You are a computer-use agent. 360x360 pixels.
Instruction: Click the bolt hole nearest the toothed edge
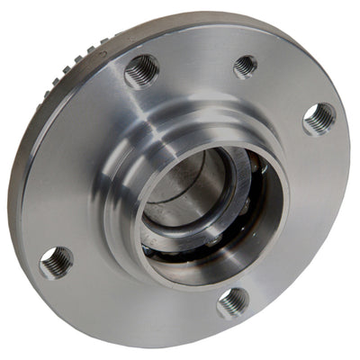click(141, 71)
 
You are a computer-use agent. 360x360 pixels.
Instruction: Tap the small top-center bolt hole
click(245, 66)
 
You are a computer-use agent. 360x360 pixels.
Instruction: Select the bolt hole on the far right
click(319, 118)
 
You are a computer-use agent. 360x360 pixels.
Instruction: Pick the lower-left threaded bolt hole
click(57, 262)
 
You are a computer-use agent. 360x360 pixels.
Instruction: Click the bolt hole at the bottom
click(233, 301)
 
